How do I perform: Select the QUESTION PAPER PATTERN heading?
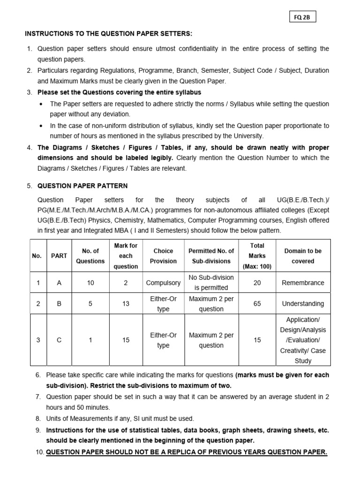pyautogui.click(x=82, y=186)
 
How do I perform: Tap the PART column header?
pyautogui.click(x=59, y=256)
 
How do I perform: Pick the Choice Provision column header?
pyautogui.click(x=163, y=256)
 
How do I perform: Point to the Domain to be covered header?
pyautogui.click(x=303, y=256)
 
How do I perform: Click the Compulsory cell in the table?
pyautogui.click(x=163, y=283)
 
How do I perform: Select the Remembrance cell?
pyautogui.click(x=303, y=283)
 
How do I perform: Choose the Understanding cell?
pyautogui.click(x=303, y=304)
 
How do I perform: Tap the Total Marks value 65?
pyautogui.click(x=257, y=304)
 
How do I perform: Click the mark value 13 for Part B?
pyautogui.click(x=126, y=304)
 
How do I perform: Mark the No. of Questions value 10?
pyautogui.click(x=90, y=283)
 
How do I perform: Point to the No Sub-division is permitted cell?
pyautogui.click(x=211, y=283)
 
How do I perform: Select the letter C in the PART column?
pyautogui.click(x=59, y=340)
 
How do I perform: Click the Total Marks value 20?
pyautogui.click(x=257, y=283)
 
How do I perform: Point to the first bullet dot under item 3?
pyautogui.click(x=42, y=104)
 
